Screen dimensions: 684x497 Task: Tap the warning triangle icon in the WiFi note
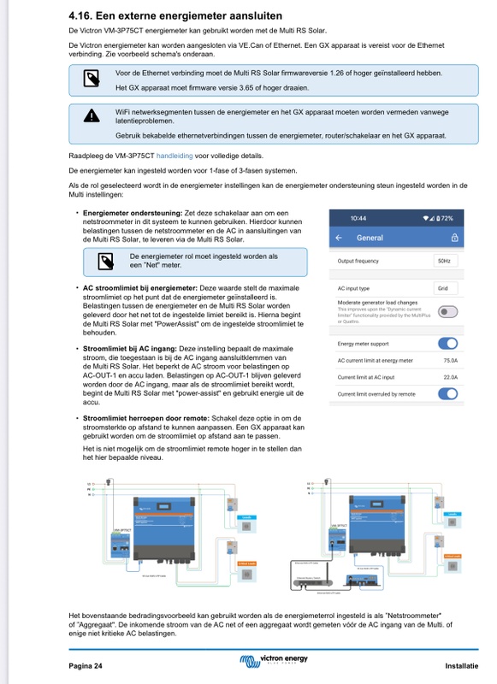91,116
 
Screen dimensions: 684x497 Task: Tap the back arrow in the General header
339,238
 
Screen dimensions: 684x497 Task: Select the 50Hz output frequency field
444,261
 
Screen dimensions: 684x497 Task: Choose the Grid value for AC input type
442,288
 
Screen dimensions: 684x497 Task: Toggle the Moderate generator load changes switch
447,312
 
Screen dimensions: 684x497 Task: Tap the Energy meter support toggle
447,344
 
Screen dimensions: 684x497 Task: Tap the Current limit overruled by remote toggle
447,393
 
